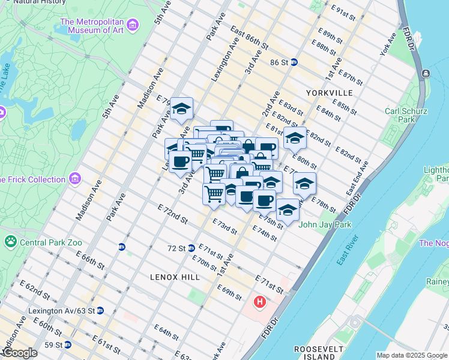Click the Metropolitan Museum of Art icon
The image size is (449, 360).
(133, 25)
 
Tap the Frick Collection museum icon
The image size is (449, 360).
(75, 179)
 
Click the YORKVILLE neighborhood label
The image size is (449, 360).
(329, 93)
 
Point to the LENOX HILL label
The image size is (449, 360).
(171, 277)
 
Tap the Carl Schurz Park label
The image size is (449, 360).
(406, 115)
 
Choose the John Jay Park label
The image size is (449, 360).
(324, 225)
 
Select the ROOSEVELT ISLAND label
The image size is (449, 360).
(318, 353)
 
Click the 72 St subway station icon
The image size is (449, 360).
(190, 248)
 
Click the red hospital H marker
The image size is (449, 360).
(259, 301)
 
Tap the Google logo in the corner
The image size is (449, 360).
(20, 353)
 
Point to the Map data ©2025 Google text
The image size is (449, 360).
(412, 355)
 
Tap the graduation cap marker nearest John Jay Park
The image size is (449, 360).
(288, 209)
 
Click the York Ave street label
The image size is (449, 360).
(388, 45)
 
